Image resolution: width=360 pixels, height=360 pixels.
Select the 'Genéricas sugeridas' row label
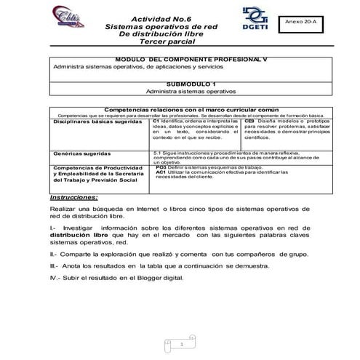(x=81, y=154)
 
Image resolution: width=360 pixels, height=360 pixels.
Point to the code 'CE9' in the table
(x=249, y=121)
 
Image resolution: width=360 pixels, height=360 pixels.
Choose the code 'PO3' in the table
(x=161, y=167)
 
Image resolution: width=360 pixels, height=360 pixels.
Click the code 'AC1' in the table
(x=161, y=172)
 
